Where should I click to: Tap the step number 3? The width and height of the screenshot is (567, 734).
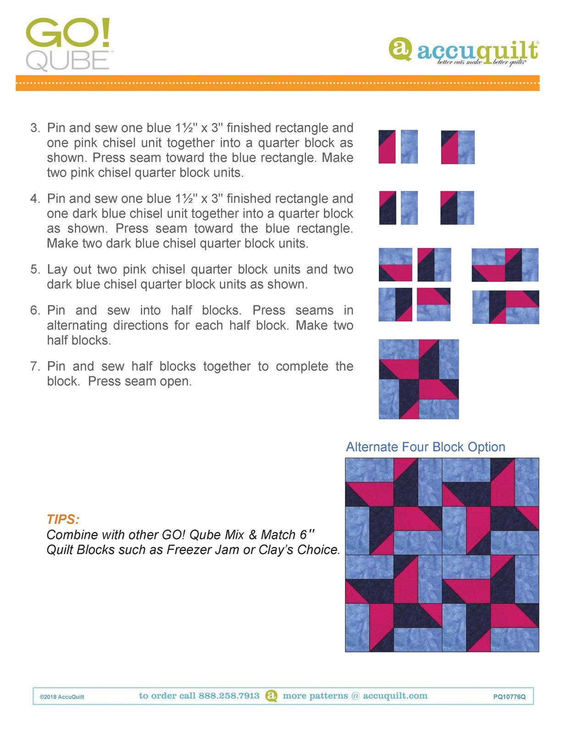[x=35, y=128]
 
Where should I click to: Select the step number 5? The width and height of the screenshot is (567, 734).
[x=35, y=269]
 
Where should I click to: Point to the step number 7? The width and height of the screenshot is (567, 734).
[x=35, y=367]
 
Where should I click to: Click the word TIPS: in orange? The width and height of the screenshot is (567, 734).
[x=63, y=519]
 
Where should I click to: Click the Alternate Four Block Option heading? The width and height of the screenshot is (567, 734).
[x=425, y=447]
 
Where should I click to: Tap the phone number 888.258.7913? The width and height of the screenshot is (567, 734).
[x=229, y=696]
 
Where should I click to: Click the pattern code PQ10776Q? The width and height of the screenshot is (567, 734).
[x=509, y=696]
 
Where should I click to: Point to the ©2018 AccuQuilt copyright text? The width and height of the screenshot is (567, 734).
[x=62, y=697]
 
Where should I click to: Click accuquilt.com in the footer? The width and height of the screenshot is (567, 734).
[x=395, y=696]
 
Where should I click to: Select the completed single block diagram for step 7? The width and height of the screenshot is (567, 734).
[x=418, y=379]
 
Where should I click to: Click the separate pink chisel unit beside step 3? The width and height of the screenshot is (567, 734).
[x=387, y=147]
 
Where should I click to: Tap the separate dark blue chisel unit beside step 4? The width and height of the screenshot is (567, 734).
[x=387, y=208]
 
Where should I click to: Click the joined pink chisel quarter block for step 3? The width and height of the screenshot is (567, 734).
[x=457, y=147]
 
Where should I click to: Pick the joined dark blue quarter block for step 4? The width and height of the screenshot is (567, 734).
[x=457, y=208]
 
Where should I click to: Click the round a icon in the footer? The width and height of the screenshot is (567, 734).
[x=272, y=696]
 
